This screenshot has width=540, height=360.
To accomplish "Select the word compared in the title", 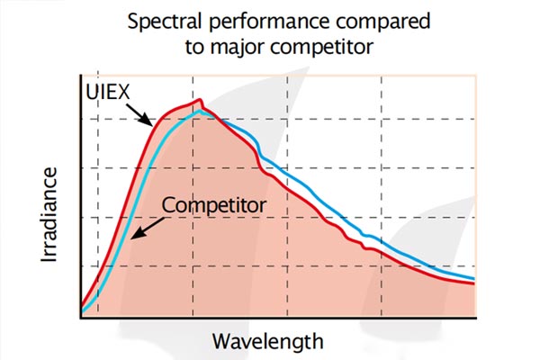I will pyautogui.click(x=370, y=22).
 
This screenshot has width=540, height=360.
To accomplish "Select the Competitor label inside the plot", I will pyautogui.click(x=213, y=205).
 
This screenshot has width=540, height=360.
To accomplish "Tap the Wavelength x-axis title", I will pyautogui.click(x=266, y=342).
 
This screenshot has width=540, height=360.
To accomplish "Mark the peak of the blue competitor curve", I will pyautogui.click(x=204, y=112).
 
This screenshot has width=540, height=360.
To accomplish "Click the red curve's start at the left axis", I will pyautogui.click(x=81, y=307).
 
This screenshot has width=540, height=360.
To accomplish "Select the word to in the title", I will pyautogui.click(x=195, y=47).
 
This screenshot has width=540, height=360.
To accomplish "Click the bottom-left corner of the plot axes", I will pyautogui.click(x=81, y=316).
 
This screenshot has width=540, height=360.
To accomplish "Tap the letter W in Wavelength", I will pyautogui.click(x=220, y=342).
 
